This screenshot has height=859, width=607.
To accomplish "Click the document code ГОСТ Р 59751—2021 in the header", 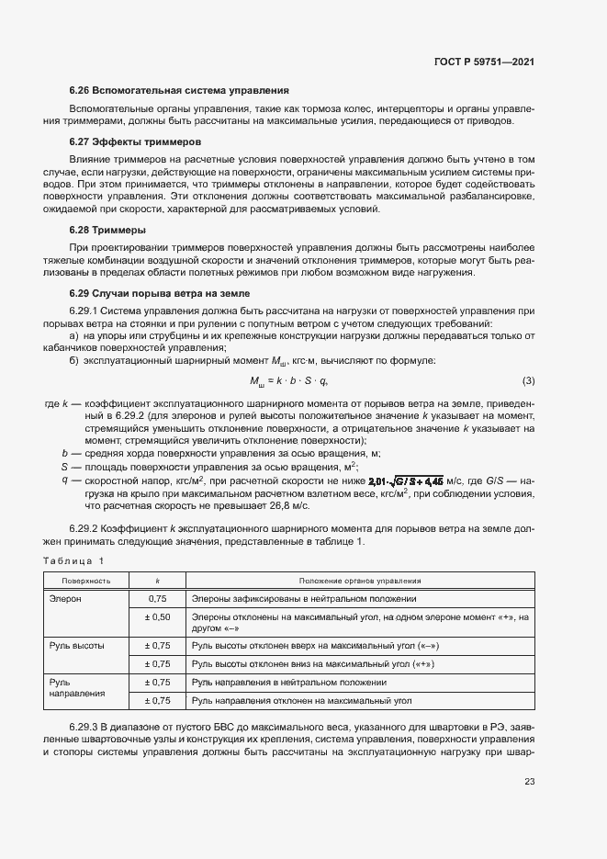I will point(484,62).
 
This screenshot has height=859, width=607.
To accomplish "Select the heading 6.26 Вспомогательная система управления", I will point(179,91).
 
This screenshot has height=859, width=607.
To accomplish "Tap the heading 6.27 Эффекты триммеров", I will point(136,142).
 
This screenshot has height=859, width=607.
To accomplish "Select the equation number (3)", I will point(528,381).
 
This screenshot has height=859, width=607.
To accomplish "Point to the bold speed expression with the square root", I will point(406,480).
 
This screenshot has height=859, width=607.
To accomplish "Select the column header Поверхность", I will point(86,581).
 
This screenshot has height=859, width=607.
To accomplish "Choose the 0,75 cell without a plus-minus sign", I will point(157,598).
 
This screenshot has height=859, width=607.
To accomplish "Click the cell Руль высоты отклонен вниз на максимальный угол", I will point(312,663).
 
